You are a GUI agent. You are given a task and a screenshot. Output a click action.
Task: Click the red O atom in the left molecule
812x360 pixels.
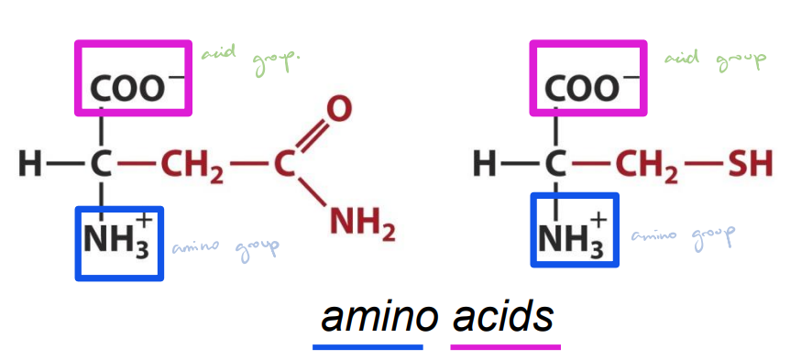click(339, 110)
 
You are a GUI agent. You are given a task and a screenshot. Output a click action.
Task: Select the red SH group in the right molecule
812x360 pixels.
click(750, 166)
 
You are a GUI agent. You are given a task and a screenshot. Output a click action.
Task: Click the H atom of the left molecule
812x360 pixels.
click(29, 166)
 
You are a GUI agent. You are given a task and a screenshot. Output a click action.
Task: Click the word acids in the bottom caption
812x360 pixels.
click(504, 317)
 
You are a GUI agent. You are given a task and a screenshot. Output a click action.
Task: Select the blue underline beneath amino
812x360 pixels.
click(368, 347)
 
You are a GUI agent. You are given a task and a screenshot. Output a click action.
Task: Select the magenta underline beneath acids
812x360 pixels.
click(505, 347)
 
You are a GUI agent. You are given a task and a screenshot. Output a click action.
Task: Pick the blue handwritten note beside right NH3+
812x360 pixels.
click(682, 235)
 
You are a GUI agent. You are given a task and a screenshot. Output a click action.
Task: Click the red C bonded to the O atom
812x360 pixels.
click(283, 166)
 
